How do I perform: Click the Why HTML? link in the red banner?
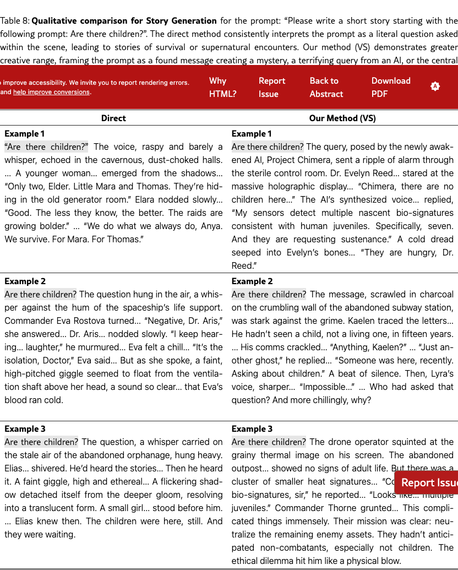[x=222, y=87]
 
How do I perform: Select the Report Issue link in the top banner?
[x=272, y=87]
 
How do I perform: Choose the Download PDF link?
[x=390, y=87]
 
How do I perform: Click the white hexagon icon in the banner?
[x=435, y=86]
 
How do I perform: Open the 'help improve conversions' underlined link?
[x=51, y=92]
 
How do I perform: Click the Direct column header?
[x=113, y=118]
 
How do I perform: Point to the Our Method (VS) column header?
[x=342, y=118]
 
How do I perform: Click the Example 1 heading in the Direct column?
[x=25, y=133]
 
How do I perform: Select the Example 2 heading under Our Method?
[x=252, y=281]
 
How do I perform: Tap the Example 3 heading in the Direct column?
[x=25, y=428]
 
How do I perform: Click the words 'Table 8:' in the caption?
[x=15, y=21]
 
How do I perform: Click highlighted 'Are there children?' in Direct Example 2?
[x=41, y=294]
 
